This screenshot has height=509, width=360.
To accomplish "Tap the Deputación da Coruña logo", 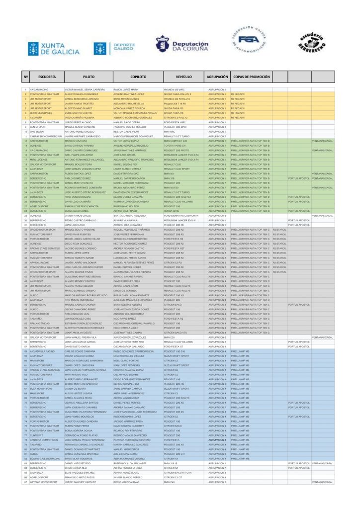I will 181,46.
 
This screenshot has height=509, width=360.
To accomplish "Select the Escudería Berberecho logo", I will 311,45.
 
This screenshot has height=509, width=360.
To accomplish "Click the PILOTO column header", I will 89,77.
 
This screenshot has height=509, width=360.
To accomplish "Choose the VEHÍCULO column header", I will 183,77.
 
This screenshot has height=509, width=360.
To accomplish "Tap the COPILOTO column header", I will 138,77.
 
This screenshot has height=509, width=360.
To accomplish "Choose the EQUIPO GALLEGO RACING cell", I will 45,458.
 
